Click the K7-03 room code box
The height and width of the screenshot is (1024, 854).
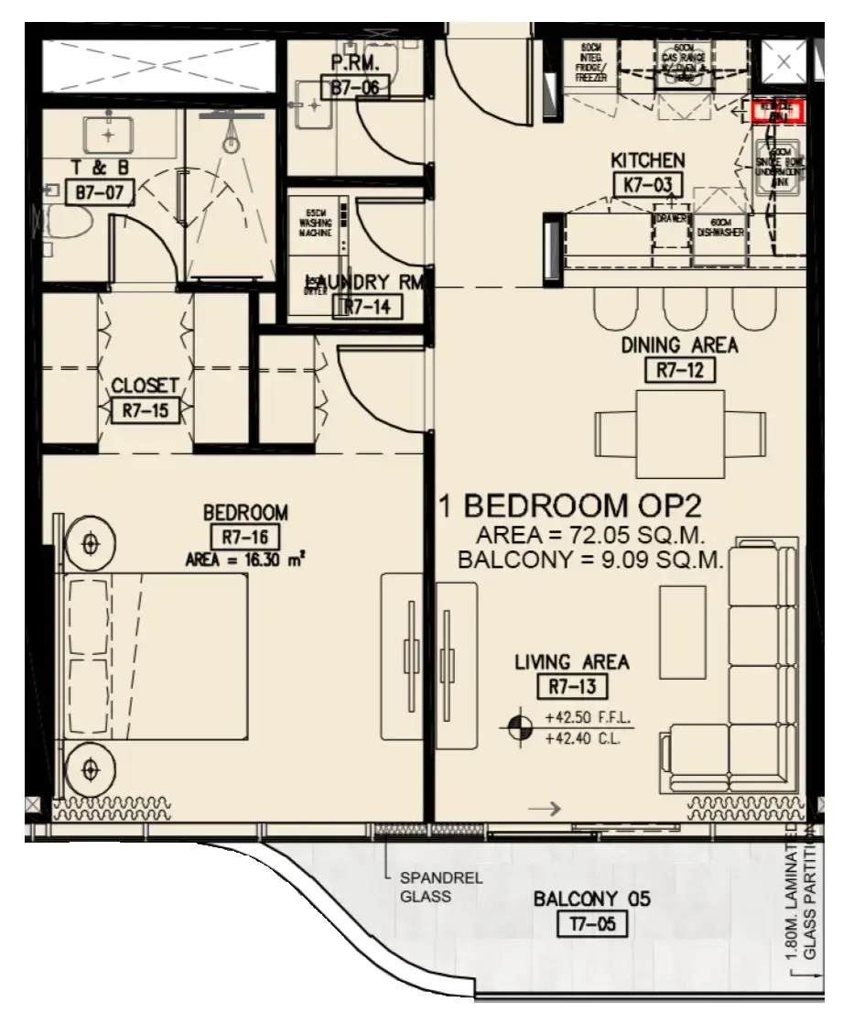(x=647, y=185)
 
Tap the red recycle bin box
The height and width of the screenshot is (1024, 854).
(x=777, y=112)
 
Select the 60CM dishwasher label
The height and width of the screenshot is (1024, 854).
(x=719, y=228)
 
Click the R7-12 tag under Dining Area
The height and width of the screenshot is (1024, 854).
(x=679, y=370)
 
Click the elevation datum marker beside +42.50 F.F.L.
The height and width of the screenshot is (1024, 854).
(x=518, y=727)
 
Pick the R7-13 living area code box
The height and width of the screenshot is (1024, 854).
(x=572, y=684)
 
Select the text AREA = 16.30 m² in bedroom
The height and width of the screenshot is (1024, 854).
(x=244, y=559)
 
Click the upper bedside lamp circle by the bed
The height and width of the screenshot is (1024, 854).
(x=90, y=544)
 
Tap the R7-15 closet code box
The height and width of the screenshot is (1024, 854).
(x=145, y=410)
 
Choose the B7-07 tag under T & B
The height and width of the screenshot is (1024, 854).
(x=101, y=191)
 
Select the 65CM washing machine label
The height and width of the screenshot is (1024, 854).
(x=316, y=224)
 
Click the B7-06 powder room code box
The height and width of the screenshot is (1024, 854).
(x=356, y=88)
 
